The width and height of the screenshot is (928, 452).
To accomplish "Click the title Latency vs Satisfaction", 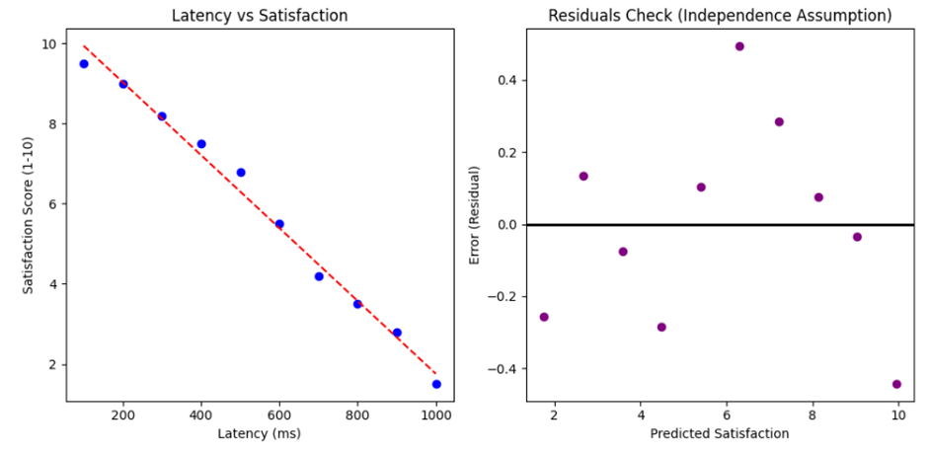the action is pyautogui.click(x=260, y=16).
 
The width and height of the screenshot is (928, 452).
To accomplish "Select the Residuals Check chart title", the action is pyautogui.click(x=720, y=16).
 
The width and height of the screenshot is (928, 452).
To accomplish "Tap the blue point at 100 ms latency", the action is pyautogui.click(x=84, y=64).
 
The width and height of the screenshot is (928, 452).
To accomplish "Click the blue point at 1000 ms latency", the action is pyautogui.click(x=436, y=384).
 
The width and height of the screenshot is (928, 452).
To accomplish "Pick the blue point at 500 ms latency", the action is pyautogui.click(x=241, y=172).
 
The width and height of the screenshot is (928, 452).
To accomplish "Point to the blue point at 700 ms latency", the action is pyautogui.click(x=319, y=276).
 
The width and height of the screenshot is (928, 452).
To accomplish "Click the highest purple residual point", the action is pyautogui.click(x=739, y=46).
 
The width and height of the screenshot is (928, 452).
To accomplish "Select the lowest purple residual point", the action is pyautogui.click(x=896, y=384).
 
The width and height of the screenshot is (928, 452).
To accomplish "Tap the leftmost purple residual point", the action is pyautogui.click(x=544, y=317).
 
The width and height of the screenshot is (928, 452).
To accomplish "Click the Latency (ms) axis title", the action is pyautogui.click(x=260, y=433).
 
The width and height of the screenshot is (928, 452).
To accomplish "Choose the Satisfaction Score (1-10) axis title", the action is pyautogui.click(x=27, y=215).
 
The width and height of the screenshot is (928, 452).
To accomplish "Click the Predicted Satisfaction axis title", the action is pyautogui.click(x=720, y=433).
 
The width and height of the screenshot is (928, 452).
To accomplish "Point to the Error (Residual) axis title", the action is pyautogui.click(x=475, y=215).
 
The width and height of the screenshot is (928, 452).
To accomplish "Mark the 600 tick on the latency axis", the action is pyautogui.click(x=280, y=414).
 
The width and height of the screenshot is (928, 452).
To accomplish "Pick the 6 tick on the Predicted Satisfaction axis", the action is pyautogui.click(x=727, y=414).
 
